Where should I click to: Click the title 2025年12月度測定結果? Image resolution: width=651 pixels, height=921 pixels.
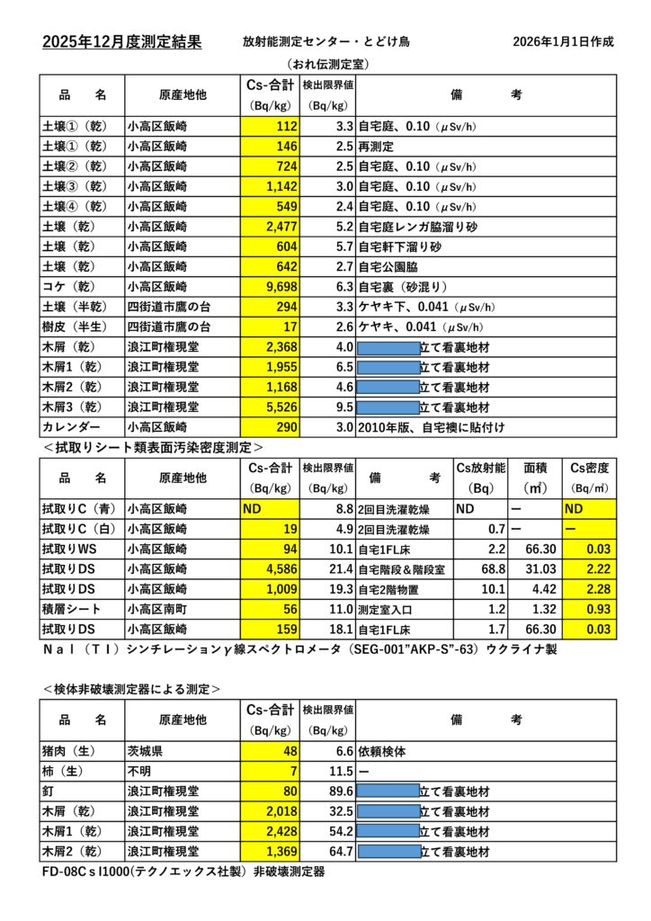[121, 42]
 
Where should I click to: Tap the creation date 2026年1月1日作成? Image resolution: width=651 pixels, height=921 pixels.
[564, 42]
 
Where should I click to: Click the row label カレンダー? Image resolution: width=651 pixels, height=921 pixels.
[71, 426]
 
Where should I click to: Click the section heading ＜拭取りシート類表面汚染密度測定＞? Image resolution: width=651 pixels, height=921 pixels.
[152, 446]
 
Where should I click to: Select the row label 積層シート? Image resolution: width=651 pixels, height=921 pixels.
[71, 609]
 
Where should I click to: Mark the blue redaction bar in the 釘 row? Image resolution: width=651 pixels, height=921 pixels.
[388, 791]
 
